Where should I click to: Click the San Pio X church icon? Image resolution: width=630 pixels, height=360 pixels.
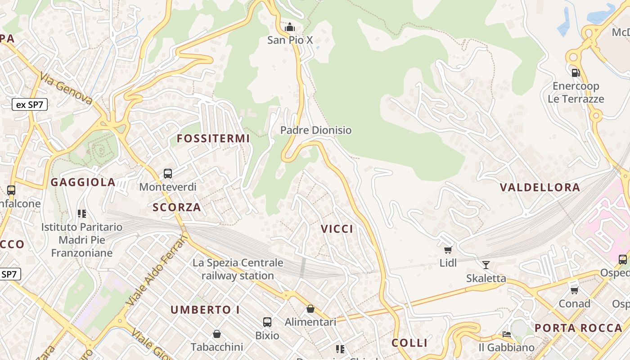pyautogui.click(x=290, y=27)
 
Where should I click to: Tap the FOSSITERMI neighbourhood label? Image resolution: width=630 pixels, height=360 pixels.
pyautogui.click(x=213, y=139)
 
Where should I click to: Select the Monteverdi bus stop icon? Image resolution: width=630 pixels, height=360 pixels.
pyautogui.click(x=168, y=173)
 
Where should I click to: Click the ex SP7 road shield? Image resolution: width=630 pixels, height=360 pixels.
pyautogui.click(x=30, y=105)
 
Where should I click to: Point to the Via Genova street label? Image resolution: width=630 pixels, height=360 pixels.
pyautogui.click(x=66, y=88)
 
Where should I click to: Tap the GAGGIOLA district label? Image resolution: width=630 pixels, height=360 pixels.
pyautogui.click(x=83, y=182)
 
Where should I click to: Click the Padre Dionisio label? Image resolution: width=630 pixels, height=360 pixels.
pyautogui.click(x=316, y=130)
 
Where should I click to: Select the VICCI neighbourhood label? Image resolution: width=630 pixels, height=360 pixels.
pyautogui.click(x=337, y=229)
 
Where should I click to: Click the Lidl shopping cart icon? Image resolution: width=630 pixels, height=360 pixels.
pyautogui.click(x=448, y=250)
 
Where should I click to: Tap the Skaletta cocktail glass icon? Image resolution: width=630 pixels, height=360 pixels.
pyautogui.click(x=486, y=265)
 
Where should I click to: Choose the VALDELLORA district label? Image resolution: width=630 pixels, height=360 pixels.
pyautogui.click(x=540, y=188)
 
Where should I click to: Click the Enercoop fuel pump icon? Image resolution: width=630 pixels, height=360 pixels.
pyautogui.click(x=575, y=72)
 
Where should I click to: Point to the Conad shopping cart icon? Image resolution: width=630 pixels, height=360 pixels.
pyautogui.click(x=574, y=290)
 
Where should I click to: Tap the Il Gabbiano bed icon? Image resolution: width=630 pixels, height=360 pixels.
pyautogui.click(x=507, y=334)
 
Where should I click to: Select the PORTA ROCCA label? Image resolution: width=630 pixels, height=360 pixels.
pyautogui.click(x=578, y=328)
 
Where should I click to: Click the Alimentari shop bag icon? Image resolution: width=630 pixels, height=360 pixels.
pyautogui.click(x=310, y=309)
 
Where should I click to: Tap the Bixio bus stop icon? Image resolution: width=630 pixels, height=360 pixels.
pyautogui.click(x=267, y=322)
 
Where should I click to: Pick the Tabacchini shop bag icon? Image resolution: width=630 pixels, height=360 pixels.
pyautogui.click(x=217, y=333)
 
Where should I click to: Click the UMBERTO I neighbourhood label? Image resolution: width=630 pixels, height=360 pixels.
pyautogui.click(x=205, y=310)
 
